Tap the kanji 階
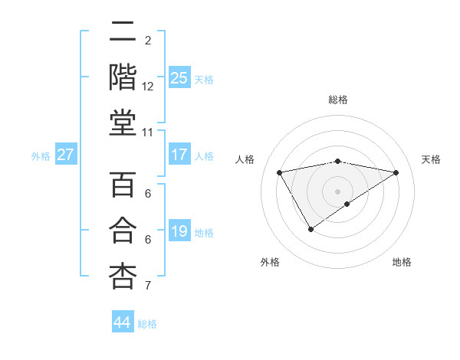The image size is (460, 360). pos(123,77)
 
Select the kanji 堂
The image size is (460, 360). pos(123,123)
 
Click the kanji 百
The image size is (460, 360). pos(123,185)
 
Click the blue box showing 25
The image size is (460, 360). pos(179,77)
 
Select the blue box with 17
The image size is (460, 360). pos(179,155)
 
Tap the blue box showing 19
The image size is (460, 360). pos(179,231)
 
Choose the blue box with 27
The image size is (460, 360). pos(66,155)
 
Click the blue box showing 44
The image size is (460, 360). pos(123,322)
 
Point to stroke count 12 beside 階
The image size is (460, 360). pos(148,87)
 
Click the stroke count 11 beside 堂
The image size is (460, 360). pos(148,133)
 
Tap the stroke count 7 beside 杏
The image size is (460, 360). pos(148,286)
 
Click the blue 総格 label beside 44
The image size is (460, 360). pos(147,324)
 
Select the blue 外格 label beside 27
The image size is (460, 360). pos(41,156)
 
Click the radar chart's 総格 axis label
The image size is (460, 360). pos(338,100)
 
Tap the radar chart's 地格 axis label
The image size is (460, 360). pos(402,262)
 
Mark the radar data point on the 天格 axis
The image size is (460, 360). pos(396,172)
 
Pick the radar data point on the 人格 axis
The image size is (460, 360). pos(280,172)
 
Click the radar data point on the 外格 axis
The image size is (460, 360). pos(310,229)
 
